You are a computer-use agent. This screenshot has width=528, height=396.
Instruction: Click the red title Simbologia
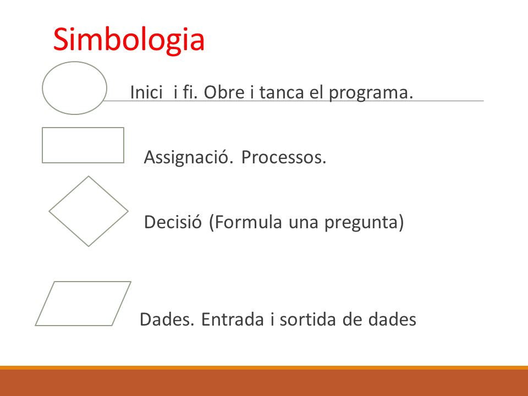(x=129, y=40)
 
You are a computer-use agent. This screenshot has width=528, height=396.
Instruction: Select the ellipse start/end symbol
(x=42, y=88)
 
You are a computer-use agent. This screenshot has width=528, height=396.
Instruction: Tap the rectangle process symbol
(x=42, y=145)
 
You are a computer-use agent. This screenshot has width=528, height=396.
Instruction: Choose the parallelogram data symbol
(x=45, y=304)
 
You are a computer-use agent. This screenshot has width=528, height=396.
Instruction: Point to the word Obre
(x=224, y=92)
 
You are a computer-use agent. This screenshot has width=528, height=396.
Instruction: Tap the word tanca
(x=282, y=92)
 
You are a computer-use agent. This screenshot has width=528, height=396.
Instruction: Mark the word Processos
(x=284, y=157)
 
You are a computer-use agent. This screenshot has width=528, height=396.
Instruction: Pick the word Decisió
(x=173, y=222)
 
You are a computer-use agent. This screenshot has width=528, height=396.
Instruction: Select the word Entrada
(x=232, y=320)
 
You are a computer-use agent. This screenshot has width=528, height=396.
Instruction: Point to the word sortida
(x=308, y=320)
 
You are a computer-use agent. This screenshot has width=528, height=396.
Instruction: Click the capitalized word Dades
(x=167, y=320)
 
